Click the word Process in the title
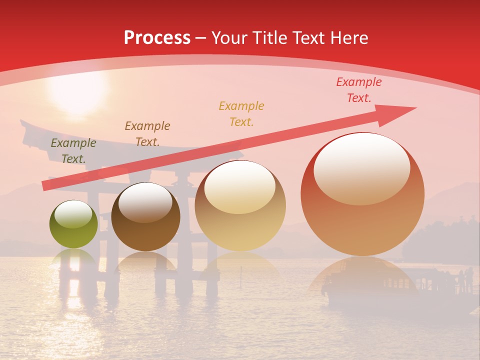[x=157, y=38]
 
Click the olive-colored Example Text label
[x=73, y=150]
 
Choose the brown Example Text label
[x=147, y=133]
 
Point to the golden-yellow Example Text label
[x=241, y=113]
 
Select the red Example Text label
[x=358, y=90]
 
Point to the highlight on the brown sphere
[x=145, y=201]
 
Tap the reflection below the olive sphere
[x=74, y=257]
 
